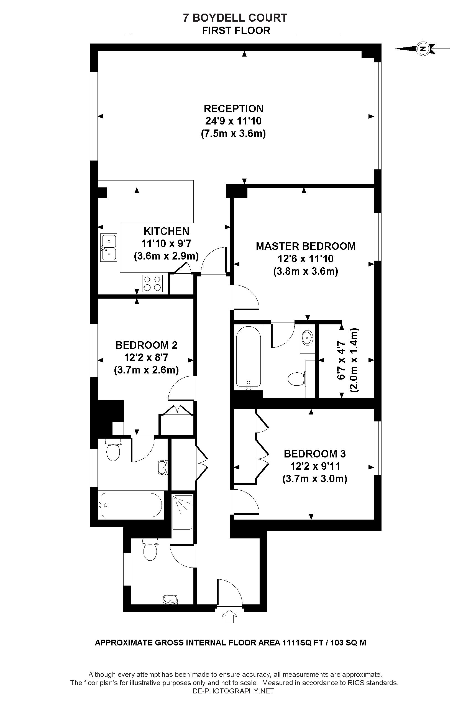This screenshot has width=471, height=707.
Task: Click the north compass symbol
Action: point(423,49)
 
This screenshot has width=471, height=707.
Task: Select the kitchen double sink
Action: point(108,247)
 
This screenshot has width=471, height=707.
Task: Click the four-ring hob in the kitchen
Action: point(152,283)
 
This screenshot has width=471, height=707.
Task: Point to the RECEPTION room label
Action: point(233,108)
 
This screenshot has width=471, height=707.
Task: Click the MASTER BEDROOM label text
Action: point(306,246)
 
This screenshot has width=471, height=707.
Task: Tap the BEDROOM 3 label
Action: point(314,454)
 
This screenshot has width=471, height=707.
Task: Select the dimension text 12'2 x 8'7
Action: point(146,357)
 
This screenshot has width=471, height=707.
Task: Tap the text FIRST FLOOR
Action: point(236,31)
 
